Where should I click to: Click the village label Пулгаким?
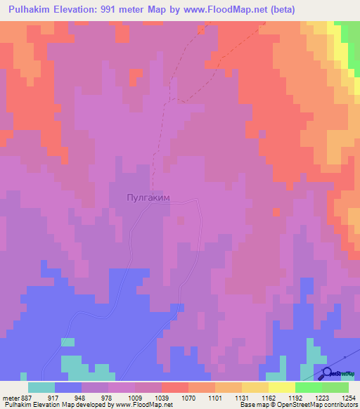point(148,199)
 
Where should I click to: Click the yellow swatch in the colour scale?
point(281,387)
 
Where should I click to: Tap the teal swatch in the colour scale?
point(41,387)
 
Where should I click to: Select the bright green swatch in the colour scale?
point(308,387)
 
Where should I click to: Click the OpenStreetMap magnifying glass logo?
point(328,373)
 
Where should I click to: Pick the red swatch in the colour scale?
point(174,387)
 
